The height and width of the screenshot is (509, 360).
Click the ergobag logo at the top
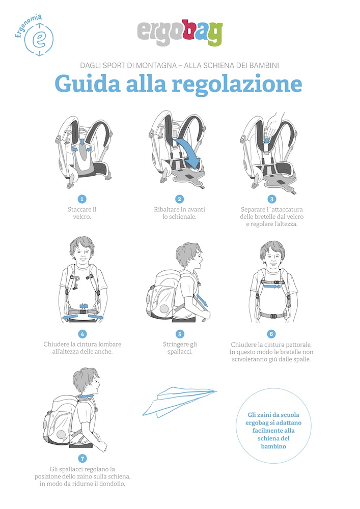(180, 33)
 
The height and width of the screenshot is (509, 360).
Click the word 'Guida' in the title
(87, 83)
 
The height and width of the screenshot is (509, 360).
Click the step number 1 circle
(82, 199)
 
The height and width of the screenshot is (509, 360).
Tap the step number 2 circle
(180, 199)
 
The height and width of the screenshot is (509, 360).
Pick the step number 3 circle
(272, 199)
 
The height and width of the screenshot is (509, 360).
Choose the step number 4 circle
(82, 334)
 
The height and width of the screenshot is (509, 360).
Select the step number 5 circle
(180, 334)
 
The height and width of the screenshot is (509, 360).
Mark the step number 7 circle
(82, 459)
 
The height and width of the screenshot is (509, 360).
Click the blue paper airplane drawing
(179, 402)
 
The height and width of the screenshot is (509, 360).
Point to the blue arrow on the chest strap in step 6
(272, 287)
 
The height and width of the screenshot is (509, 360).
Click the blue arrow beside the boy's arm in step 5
(202, 300)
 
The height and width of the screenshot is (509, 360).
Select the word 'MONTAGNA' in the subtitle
(156, 65)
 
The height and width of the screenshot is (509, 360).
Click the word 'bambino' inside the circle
(273, 446)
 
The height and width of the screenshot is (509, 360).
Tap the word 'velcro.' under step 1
(82, 216)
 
